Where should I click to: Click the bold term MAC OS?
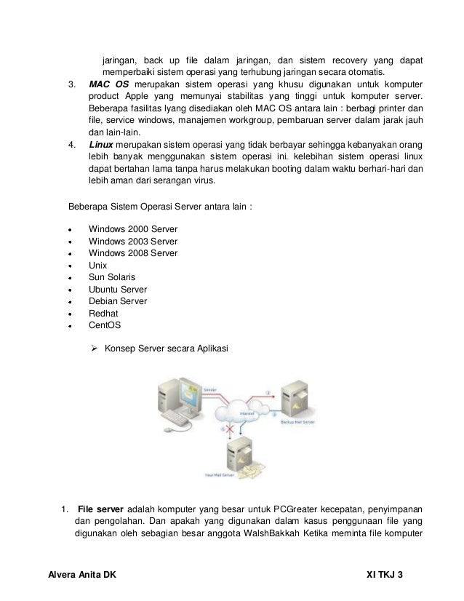coord(108,85)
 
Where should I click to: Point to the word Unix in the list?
coord(98,266)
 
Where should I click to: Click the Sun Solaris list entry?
coord(111,277)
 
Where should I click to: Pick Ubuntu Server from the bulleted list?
coord(118,289)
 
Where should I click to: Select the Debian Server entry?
coord(117,301)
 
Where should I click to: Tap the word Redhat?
coord(103,313)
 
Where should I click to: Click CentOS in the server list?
coord(105,325)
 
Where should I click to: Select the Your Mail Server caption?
coord(220,477)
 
